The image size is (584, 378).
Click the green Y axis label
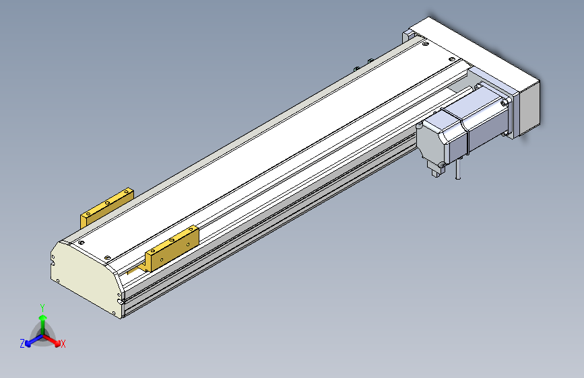coord(42,307)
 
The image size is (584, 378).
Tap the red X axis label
coord(63,344)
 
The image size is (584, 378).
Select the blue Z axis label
coord(22,344)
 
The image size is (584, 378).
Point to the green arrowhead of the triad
coord(43,317)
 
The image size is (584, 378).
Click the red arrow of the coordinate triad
coord(52,340)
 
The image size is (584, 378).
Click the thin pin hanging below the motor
coord(459,169)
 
